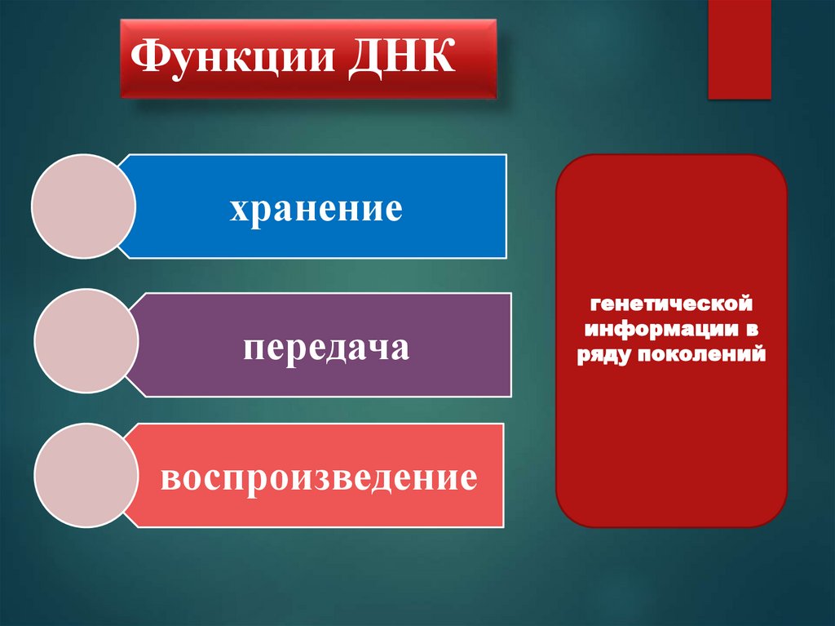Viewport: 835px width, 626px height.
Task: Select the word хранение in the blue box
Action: point(316,208)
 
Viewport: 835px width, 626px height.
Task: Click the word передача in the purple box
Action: point(325,349)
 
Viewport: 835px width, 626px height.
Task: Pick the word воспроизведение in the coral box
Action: point(319,477)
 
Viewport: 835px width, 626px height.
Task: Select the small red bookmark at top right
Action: point(739,49)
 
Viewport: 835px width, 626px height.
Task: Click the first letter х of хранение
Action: point(238,210)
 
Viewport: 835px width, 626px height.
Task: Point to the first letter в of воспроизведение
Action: point(169,478)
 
